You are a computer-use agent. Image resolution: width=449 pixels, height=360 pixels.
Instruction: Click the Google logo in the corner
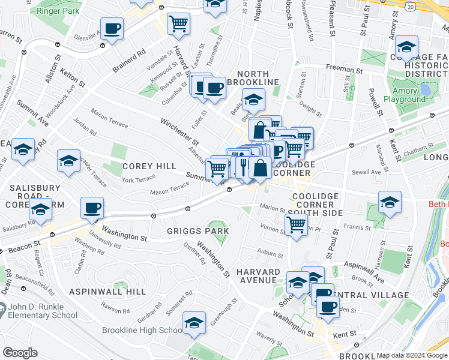(x=20, y=353)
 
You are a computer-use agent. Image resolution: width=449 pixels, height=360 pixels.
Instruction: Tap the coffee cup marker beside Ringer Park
(x=112, y=28)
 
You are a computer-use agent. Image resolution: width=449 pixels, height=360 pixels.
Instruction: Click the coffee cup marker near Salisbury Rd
(x=92, y=209)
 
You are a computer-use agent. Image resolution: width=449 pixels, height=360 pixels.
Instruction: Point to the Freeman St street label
(x=343, y=70)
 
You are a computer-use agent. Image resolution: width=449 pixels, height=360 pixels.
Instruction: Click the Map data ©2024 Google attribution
(x=412, y=355)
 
